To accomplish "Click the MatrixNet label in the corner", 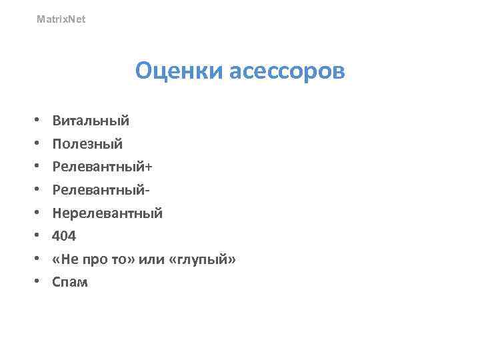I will coord(61,19).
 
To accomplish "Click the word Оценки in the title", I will coord(179,71).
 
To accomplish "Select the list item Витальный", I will coord(91,121).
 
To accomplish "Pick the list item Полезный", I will coord(88,144).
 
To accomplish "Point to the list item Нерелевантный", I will coord(107,213).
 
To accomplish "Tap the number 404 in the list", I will coord(65,236).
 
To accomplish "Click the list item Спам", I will coord(70,282).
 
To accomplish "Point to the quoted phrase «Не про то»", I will coord(94,259).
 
